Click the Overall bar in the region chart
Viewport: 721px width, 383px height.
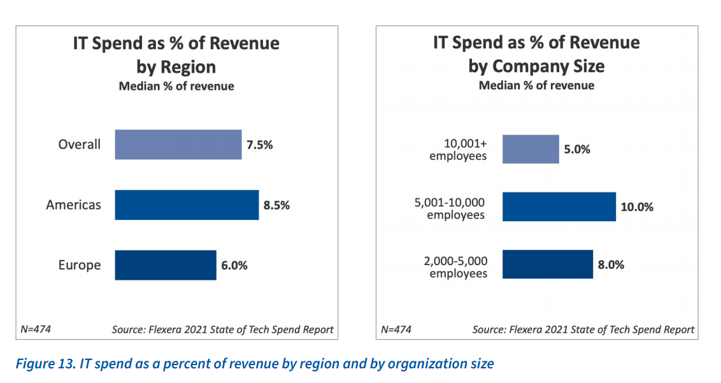tap(178, 145)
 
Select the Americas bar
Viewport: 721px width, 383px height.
tap(187, 205)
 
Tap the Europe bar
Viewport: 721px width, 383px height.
tap(166, 265)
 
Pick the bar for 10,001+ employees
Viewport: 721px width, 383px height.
tap(531, 149)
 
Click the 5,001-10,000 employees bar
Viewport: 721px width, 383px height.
tap(559, 206)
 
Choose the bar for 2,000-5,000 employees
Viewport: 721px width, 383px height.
tap(547, 264)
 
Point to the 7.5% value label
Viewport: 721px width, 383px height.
tap(260, 145)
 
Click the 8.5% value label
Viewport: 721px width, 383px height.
tap(277, 205)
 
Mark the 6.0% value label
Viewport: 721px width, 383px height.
tap(234, 265)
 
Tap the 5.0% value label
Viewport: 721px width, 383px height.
tap(577, 149)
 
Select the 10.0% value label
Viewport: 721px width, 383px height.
tap(638, 206)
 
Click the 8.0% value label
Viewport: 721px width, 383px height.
tap(611, 264)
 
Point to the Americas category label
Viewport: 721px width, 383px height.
tap(73, 205)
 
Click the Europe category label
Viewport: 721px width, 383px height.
tap(80, 265)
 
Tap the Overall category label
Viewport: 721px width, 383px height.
tap(80, 145)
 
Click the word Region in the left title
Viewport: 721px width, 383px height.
tap(189, 67)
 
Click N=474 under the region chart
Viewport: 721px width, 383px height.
tap(36, 329)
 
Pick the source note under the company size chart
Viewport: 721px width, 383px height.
tap(583, 329)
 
